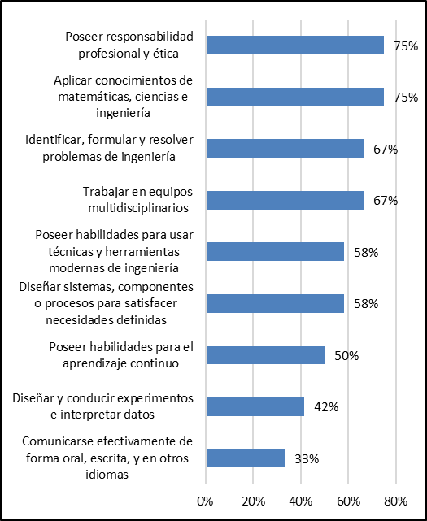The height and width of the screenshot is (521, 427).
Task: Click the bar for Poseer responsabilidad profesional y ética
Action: (294, 46)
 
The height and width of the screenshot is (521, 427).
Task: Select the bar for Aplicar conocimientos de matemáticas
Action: (294, 97)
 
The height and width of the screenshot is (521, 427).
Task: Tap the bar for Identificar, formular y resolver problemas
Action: (285, 148)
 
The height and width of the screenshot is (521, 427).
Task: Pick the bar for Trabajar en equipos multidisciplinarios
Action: (285, 200)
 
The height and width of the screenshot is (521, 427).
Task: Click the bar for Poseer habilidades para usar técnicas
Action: (275, 251)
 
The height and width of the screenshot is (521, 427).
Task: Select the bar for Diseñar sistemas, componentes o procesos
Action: (275, 303)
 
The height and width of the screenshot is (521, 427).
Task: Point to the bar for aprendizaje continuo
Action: (265, 355)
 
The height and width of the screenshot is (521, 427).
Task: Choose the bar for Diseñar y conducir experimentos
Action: (255, 406)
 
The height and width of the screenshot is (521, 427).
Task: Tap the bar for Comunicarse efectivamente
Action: (246, 458)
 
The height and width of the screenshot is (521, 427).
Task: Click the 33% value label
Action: (307, 458)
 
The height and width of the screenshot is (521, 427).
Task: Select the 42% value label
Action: (326, 406)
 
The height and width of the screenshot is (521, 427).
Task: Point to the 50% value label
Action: (346, 355)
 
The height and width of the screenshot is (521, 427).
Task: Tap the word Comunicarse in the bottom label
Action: (53, 441)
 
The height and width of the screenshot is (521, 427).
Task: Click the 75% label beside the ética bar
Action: (406, 46)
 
